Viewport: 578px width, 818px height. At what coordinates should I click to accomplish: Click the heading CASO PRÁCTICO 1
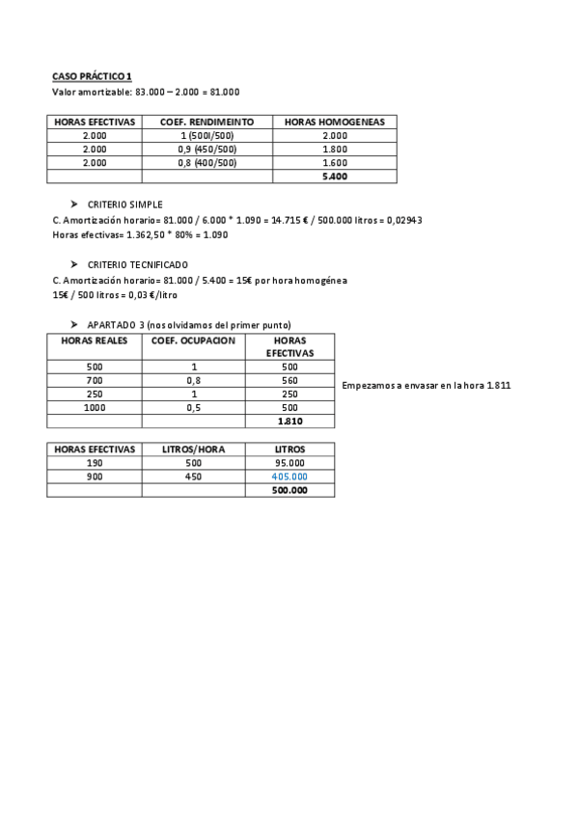coord(92,76)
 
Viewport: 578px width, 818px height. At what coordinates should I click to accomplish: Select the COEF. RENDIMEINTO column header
coord(206,122)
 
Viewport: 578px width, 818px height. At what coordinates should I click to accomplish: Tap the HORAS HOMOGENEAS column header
coord(335,122)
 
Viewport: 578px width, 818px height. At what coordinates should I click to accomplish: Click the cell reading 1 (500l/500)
coord(206,136)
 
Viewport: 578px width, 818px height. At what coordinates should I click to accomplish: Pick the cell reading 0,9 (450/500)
coord(206,150)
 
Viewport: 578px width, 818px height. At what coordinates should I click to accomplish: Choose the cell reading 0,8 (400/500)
coord(206,163)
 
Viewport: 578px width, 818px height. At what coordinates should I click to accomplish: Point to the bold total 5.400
coord(335,177)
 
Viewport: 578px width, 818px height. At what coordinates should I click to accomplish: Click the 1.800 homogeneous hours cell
coord(335,150)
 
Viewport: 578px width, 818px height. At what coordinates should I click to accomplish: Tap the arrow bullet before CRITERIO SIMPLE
coord(73,204)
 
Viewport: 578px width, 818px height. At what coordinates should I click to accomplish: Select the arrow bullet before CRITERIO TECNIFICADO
coord(73,264)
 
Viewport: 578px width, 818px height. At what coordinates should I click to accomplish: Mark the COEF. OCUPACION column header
coord(193,341)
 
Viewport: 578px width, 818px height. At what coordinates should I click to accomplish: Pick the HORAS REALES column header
coord(94,341)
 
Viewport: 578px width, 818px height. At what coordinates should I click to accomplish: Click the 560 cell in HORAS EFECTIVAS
coord(289,380)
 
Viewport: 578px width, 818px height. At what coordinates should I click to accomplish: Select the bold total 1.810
coord(289,422)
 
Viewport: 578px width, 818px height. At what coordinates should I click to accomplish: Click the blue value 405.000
coord(289,477)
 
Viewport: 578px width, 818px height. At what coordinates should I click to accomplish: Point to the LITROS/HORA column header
coord(193,450)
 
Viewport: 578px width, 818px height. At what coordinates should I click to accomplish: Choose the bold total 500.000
coord(289,490)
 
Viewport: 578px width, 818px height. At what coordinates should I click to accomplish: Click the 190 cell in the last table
coord(94,463)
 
